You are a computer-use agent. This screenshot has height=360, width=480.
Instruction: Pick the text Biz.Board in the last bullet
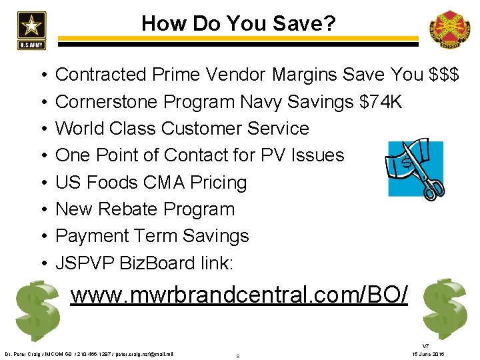(154, 263)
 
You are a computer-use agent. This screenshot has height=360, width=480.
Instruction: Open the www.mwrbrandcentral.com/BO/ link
(239, 293)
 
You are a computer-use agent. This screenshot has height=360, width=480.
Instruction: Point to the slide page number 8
(238, 355)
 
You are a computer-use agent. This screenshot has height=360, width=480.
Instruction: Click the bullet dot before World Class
(41, 129)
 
